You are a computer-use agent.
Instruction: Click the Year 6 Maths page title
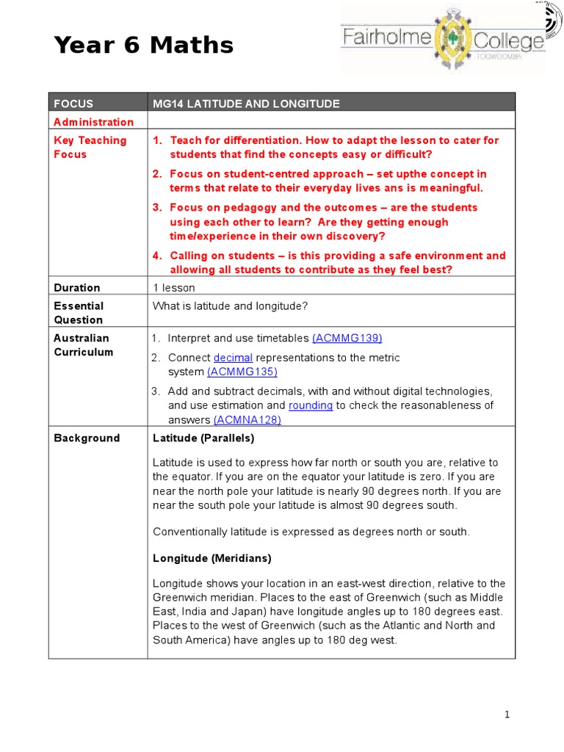tap(144, 46)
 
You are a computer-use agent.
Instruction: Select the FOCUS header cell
tap(73, 104)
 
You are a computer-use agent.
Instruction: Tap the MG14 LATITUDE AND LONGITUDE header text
tap(246, 104)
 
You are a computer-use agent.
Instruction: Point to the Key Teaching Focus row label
tap(90, 147)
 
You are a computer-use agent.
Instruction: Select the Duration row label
tap(77, 288)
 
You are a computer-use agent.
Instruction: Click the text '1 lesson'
tap(174, 288)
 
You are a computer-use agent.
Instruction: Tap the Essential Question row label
tap(79, 313)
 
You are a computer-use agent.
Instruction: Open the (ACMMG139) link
tap(347, 338)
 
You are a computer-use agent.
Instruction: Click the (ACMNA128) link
tap(247, 419)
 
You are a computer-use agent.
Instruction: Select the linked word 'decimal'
tap(233, 358)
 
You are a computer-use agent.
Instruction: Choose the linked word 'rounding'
tap(311, 405)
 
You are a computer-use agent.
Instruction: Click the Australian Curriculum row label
tap(83, 345)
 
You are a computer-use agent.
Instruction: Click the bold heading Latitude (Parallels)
tap(203, 438)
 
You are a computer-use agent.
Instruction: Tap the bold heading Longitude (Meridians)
tap(212, 558)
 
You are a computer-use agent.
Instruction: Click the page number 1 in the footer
tap(507, 715)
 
